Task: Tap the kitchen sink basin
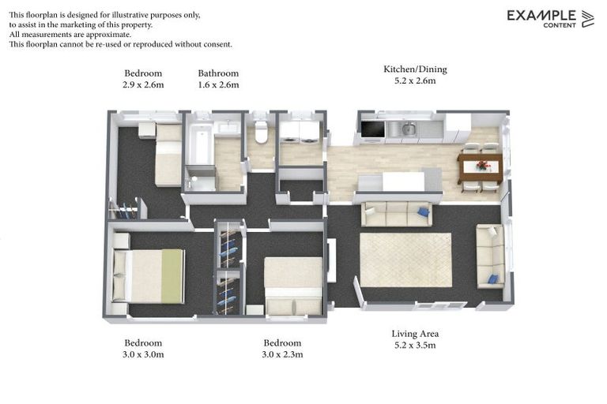tap(409, 129)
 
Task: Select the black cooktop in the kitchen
tap(372, 129)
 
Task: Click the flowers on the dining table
tap(482, 166)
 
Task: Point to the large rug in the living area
tap(405, 260)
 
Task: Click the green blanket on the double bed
tap(172, 276)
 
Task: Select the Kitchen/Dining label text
tap(415, 69)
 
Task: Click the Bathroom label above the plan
tap(218, 73)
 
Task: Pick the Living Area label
tap(415, 334)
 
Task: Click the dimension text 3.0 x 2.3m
tap(282, 354)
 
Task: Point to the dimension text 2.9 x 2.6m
tap(143, 84)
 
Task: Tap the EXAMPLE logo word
tap(541, 16)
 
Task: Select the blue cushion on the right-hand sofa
tap(493, 279)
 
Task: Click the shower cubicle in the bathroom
tap(201, 178)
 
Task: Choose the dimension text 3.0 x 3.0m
tap(143, 354)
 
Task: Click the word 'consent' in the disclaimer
tap(217, 44)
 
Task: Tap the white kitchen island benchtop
tap(403, 181)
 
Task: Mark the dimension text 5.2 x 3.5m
tap(415, 346)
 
